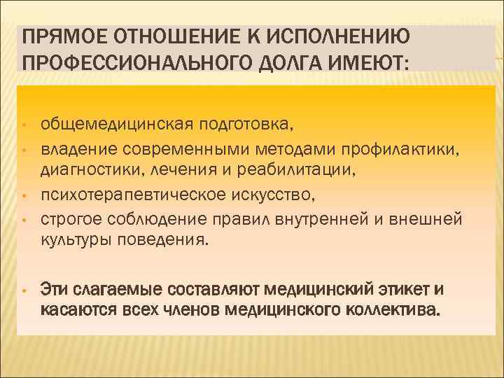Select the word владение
[x=78, y=148]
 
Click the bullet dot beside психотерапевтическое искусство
[x=23, y=196]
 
